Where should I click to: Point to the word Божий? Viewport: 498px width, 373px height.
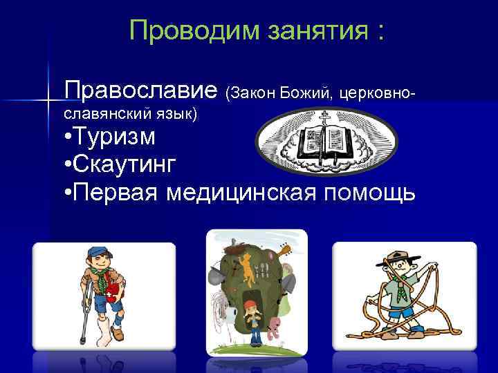(306, 92)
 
